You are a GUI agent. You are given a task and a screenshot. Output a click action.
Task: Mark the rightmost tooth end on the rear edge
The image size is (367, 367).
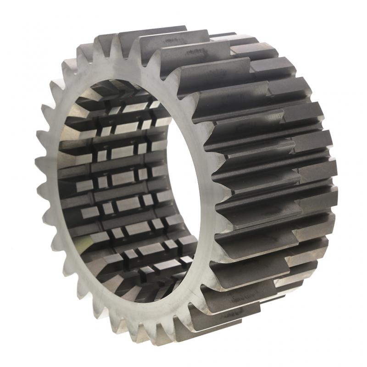click(x=337, y=183)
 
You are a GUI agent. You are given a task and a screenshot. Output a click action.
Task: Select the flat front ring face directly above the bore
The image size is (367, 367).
click(x=124, y=69)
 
